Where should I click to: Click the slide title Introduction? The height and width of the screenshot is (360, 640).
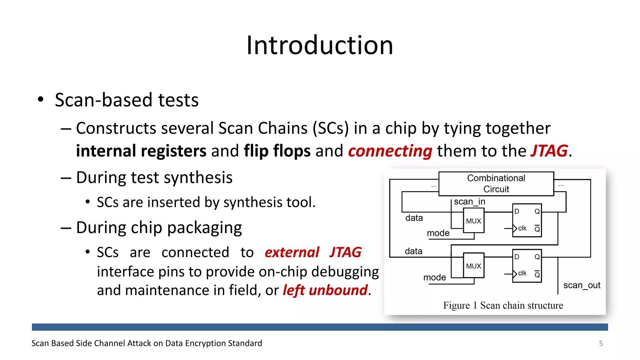click(319, 46)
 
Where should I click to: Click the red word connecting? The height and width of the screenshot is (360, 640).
click(390, 151)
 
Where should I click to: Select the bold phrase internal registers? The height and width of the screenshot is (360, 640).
click(141, 151)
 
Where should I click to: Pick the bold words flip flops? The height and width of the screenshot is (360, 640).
click(277, 151)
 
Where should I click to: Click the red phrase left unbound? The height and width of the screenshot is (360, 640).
click(325, 290)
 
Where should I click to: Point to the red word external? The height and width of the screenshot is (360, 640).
click(292, 252)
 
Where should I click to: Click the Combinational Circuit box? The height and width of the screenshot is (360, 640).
click(496, 184)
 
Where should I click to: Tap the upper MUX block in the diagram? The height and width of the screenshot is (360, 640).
click(473, 221)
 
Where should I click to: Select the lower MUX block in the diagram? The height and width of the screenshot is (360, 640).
click(473, 266)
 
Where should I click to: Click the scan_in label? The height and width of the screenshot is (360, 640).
click(469, 202)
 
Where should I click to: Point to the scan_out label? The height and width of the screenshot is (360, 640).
click(582, 285)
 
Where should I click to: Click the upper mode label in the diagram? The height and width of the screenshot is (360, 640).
click(438, 233)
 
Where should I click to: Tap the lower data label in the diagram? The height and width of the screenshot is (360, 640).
click(413, 251)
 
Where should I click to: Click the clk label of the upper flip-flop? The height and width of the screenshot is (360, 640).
click(522, 228)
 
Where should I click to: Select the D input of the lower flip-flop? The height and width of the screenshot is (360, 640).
click(517, 257)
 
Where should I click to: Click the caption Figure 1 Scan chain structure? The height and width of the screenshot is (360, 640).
click(503, 305)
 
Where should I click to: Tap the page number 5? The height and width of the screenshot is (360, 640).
click(601, 343)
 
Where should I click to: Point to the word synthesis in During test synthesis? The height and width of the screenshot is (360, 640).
click(198, 178)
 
